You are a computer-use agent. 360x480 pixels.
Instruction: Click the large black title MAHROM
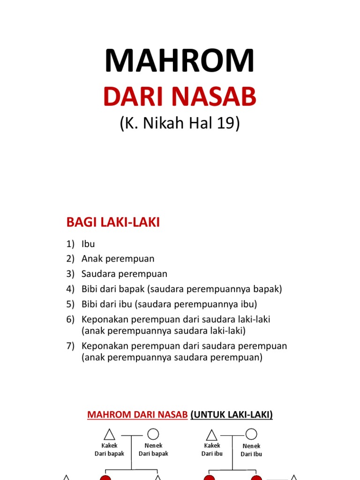[x=180, y=61]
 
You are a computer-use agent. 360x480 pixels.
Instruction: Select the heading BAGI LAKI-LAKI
[x=113, y=223]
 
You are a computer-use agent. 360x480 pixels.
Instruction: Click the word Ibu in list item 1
[x=88, y=244]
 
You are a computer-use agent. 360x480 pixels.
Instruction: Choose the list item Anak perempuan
[x=118, y=259]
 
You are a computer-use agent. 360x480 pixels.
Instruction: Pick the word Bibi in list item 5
[x=90, y=304]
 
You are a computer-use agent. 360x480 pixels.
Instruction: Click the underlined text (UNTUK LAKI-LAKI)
[x=232, y=415]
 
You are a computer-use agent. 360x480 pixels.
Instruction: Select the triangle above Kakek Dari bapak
[x=109, y=435]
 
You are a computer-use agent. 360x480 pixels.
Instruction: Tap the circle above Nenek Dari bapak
[x=153, y=435]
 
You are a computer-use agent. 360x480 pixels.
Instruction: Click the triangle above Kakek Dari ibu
[x=212, y=435]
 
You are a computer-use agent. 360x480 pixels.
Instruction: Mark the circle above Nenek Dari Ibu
[x=251, y=435]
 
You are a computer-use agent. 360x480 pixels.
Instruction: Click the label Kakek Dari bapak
[x=109, y=450]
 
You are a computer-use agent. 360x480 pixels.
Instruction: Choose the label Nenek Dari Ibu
[x=251, y=450]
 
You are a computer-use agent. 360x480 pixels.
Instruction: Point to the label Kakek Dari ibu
[x=212, y=450]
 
